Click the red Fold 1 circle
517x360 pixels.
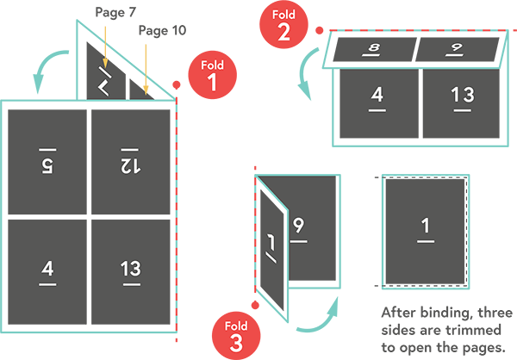click(x=211, y=76)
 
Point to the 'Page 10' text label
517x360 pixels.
click(x=162, y=31)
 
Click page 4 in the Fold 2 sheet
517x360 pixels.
click(x=377, y=103)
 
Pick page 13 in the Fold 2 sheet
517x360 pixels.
click(x=461, y=103)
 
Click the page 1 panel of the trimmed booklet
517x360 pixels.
click(x=424, y=231)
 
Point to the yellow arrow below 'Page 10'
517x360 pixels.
click(x=146, y=65)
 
